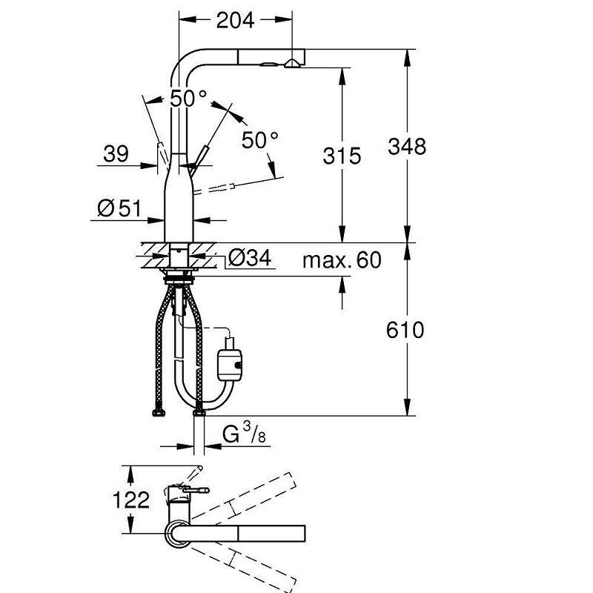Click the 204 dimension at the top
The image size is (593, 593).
coord(235,21)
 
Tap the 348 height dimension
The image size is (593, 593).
coord(407,146)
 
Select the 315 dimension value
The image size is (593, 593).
coord(342,156)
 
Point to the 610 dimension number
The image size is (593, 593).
coord(405,330)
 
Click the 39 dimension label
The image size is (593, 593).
coord(116,154)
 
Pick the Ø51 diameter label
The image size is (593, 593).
coord(119,208)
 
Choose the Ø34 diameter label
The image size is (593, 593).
coord(250,258)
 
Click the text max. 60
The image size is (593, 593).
coord(342,260)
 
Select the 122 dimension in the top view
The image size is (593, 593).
coord(131,500)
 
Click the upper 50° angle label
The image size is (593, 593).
coord(188,99)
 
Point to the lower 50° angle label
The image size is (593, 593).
coord(260,140)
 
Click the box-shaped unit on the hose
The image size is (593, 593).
coord(230,365)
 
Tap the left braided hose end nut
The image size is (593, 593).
coord(159,413)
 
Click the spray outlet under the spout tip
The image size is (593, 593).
coord(292,64)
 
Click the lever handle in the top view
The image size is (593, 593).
coord(196,490)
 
